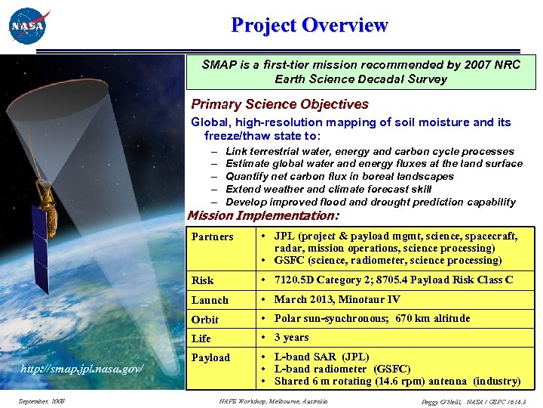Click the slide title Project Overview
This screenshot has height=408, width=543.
(309, 25)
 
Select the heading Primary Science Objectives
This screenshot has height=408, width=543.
(280, 104)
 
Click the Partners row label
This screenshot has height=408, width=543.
(213, 236)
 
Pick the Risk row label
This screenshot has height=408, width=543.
(203, 280)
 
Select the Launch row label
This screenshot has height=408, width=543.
(210, 300)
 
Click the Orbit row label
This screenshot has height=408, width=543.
(205, 319)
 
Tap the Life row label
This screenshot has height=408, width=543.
(201, 338)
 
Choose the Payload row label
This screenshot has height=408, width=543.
(211, 357)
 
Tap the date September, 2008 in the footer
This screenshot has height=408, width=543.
(41, 400)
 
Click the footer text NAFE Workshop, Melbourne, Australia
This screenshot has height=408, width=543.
(273, 400)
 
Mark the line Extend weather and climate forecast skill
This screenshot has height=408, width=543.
(329, 189)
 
